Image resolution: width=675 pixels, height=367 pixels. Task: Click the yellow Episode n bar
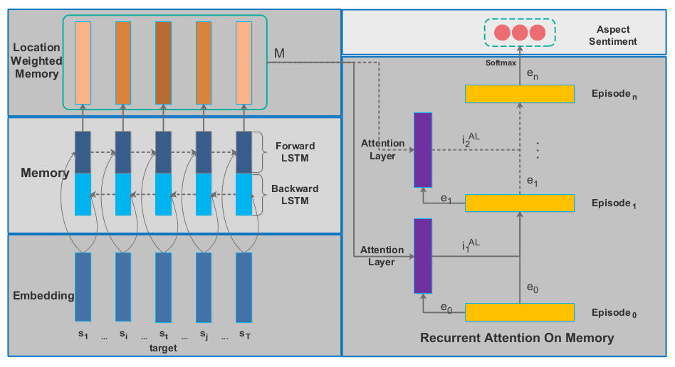[519, 93]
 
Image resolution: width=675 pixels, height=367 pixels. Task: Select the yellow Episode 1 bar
[519, 203]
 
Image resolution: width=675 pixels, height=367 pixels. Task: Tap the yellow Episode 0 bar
[519, 312]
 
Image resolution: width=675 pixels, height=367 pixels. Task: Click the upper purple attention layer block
[423, 149]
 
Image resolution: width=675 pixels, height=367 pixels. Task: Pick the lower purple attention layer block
[423, 256]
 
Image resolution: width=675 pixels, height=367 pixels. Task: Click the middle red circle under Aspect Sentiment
[520, 32]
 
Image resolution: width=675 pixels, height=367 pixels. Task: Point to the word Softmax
[500, 63]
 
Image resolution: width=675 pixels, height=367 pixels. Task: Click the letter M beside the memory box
[281, 53]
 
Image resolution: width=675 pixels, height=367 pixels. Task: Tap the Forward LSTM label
[295, 152]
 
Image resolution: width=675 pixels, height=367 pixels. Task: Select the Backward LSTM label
[295, 194]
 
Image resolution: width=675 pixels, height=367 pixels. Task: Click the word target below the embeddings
[163, 348]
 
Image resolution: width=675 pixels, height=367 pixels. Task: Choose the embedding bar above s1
[83, 287]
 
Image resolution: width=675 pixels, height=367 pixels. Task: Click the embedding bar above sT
[244, 287]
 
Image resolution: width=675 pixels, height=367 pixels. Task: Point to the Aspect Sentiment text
[617, 36]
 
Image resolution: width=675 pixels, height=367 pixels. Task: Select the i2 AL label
[471, 140]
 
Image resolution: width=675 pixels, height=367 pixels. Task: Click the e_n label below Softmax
[532, 73]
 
